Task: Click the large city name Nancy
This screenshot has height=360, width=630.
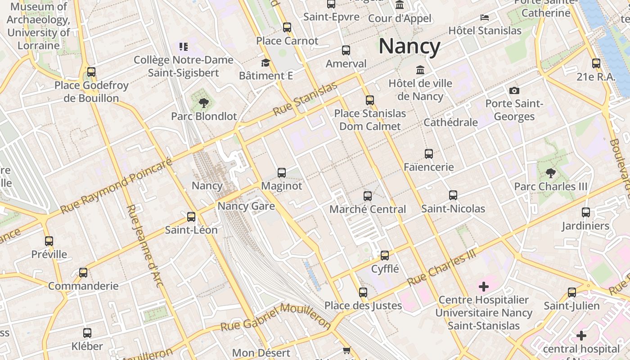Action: pyautogui.click(x=409, y=46)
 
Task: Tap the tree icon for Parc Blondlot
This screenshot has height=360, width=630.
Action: pyautogui.click(x=204, y=103)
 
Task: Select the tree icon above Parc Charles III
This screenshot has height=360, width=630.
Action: pyautogui.click(x=550, y=173)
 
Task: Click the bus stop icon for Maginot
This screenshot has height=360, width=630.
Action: pyautogui.click(x=282, y=172)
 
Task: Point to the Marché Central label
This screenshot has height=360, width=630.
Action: pyautogui.click(x=368, y=209)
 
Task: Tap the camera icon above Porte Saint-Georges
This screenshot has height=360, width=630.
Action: pyautogui.click(x=514, y=91)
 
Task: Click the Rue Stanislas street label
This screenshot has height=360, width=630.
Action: pyautogui.click(x=305, y=99)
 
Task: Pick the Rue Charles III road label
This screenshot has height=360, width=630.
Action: pyautogui.click(x=441, y=268)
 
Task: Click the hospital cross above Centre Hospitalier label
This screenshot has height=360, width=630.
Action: pyautogui.click(x=484, y=287)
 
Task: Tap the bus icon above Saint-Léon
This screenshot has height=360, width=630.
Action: pyautogui.click(x=191, y=217)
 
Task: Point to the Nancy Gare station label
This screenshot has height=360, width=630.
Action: pyautogui.click(x=246, y=206)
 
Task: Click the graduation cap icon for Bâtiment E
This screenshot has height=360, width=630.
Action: pyautogui.click(x=265, y=63)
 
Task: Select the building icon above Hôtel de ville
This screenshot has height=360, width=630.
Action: pyautogui.click(x=420, y=70)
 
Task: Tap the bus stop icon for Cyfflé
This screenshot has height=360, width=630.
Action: pyautogui.click(x=385, y=256)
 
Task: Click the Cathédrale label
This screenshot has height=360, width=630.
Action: pyautogui.click(x=450, y=122)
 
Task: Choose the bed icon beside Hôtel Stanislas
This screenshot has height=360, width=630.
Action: pyautogui.click(x=485, y=18)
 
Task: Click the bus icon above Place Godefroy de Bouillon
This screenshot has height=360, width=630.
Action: pyautogui.click(x=91, y=72)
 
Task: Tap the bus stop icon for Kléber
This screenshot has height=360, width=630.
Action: pyautogui.click(x=87, y=333)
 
